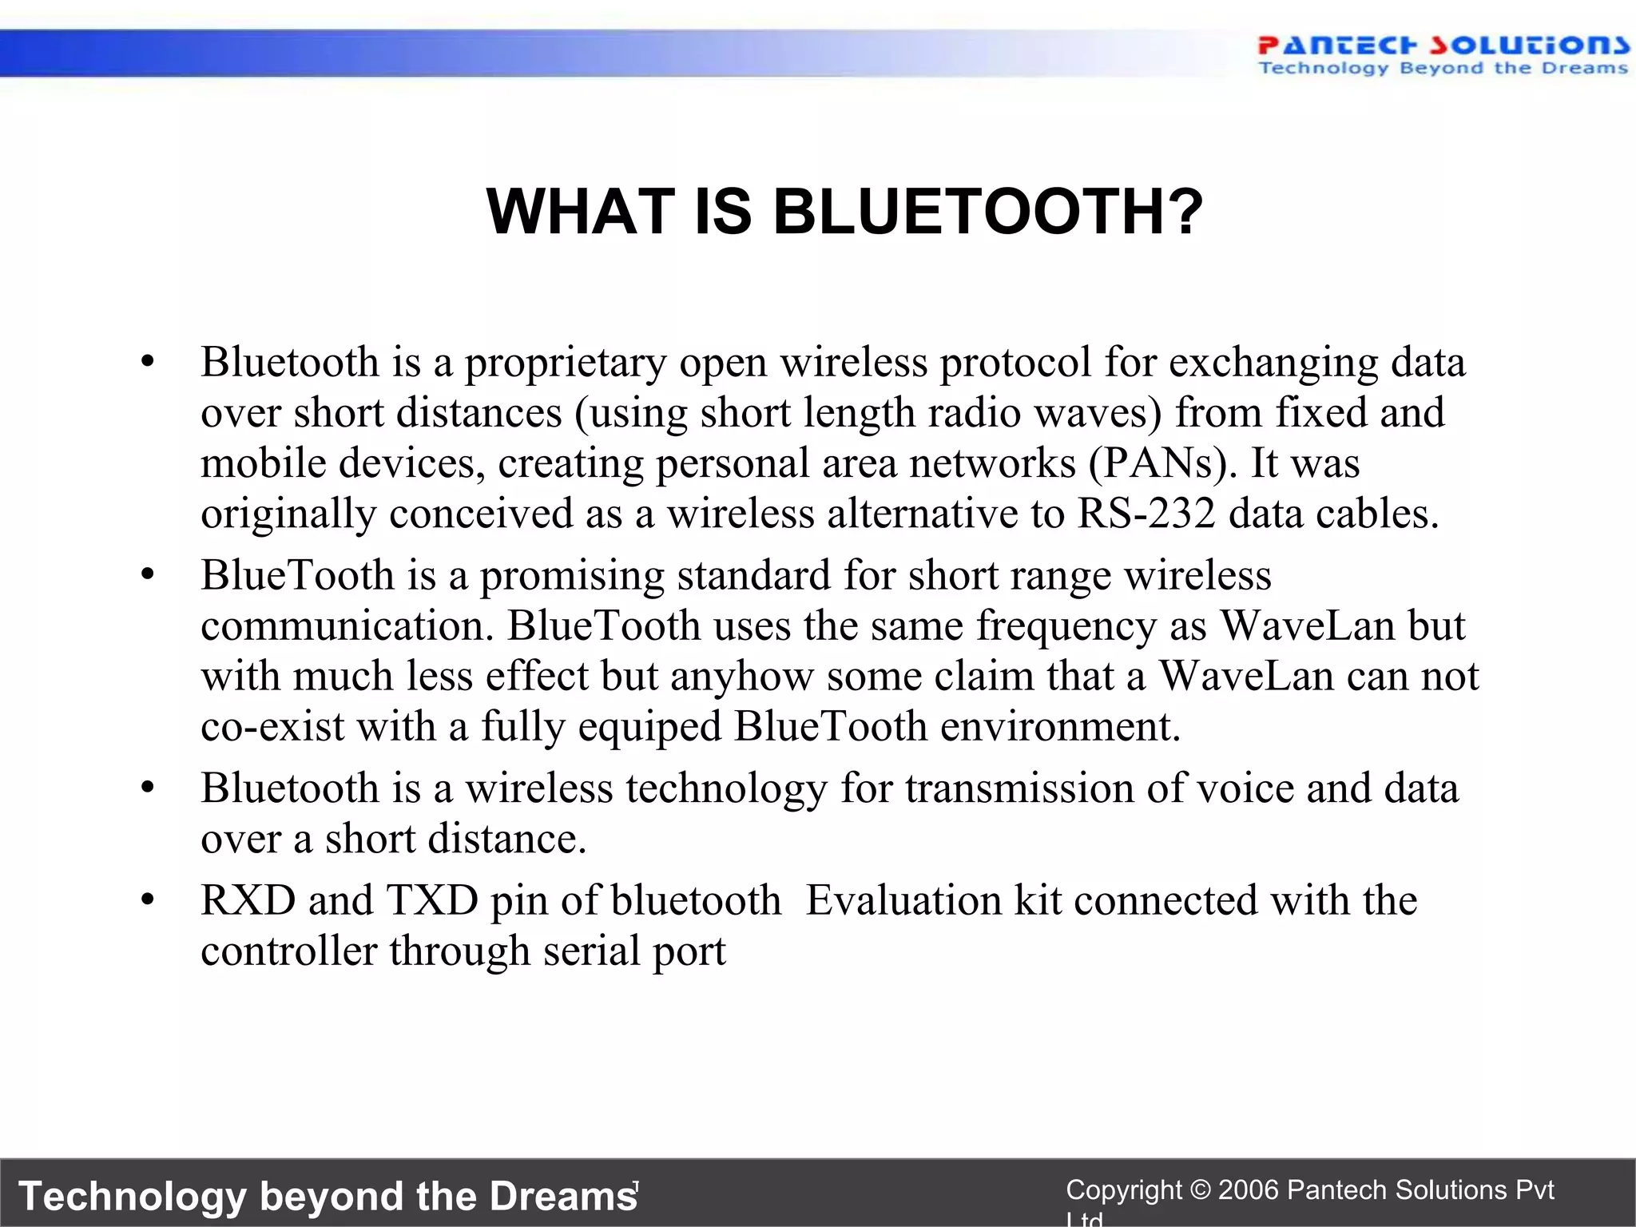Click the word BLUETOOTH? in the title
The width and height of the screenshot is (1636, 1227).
pyautogui.click(x=987, y=212)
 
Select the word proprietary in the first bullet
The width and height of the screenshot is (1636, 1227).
pyautogui.click(x=566, y=363)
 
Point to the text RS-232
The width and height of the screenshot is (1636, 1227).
pyautogui.click(x=1146, y=514)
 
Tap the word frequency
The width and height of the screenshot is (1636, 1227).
pyautogui.click(x=1066, y=626)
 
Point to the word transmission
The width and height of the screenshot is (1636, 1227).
pyautogui.click(x=1019, y=789)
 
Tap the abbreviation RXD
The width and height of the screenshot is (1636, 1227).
pyautogui.click(x=248, y=901)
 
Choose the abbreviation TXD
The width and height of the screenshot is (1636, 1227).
pyautogui.click(x=432, y=901)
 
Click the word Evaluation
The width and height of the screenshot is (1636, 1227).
pyautogui.click(x=903, y=901)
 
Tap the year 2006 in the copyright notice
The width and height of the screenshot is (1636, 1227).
pyautogui.click(x=1249, y=1190)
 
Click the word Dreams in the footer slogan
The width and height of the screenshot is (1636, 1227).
pyautogui.click(x=563, y=1197)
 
